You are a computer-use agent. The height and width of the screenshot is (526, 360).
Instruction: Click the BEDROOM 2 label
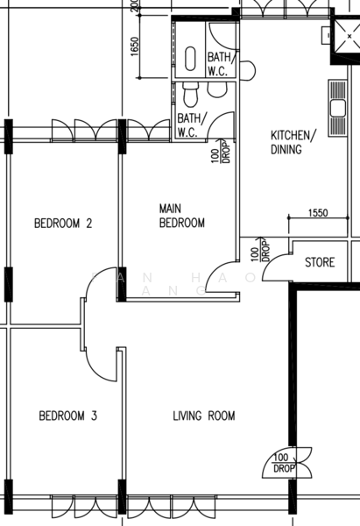63,224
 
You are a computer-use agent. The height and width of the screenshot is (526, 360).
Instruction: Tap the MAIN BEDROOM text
181,216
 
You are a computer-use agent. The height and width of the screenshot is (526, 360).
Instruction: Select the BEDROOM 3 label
67,416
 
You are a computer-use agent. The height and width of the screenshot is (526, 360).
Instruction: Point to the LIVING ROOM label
203,416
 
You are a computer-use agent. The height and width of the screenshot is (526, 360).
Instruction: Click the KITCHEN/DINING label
292,142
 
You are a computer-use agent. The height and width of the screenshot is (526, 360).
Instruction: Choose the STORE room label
320,262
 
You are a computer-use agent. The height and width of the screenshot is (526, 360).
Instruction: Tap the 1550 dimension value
318,213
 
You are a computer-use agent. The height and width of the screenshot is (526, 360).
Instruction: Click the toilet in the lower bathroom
190,91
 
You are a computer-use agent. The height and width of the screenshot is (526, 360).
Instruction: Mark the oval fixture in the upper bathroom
190,57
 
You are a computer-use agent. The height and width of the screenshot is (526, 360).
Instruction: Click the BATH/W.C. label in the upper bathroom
218,65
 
